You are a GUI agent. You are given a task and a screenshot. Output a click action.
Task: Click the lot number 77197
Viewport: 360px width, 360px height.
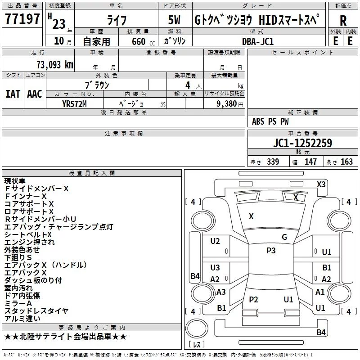22,19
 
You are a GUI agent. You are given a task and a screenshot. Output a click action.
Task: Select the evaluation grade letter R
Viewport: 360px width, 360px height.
343,21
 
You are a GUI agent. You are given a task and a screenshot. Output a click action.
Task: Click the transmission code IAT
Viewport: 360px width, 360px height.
13,94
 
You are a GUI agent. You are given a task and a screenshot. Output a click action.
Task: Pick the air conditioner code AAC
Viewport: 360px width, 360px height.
35,94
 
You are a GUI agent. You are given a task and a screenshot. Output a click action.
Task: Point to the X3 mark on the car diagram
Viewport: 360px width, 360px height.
321,184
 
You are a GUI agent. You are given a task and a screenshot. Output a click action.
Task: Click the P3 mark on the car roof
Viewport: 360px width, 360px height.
271,251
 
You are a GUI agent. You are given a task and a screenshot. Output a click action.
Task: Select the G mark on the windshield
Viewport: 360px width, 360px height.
284,237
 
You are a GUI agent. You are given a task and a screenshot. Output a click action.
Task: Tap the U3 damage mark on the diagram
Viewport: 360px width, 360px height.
215,268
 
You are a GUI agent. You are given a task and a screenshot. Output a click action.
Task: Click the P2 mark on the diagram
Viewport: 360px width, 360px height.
254,300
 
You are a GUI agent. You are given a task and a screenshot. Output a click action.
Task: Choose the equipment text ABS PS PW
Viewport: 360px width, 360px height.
270,121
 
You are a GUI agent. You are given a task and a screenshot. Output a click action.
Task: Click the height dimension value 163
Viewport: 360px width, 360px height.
346,162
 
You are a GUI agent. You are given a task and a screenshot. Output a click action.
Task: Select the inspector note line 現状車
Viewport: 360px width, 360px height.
16,181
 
